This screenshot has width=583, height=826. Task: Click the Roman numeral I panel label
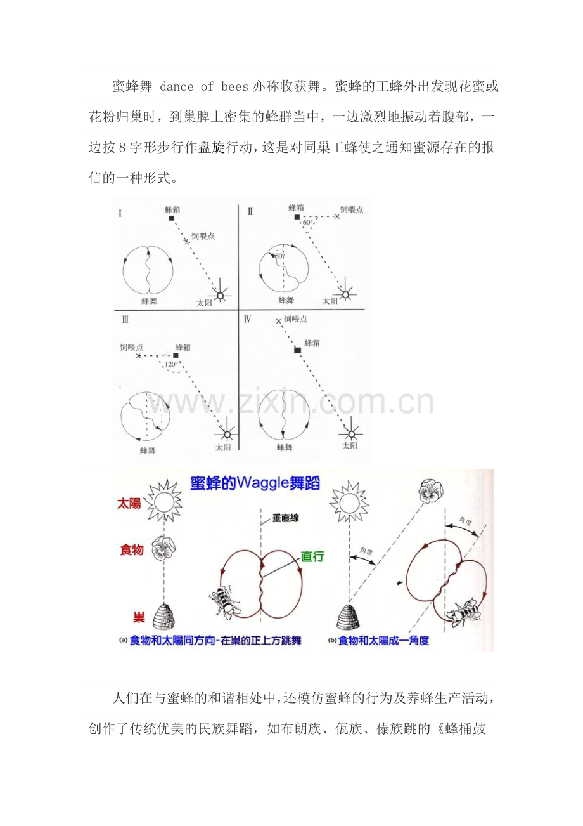[x=120, y=213]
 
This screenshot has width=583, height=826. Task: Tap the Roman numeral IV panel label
[x=248, y=319]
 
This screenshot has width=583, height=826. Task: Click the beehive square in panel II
[x=297, y=217]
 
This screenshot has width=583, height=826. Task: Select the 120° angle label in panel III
[x=170, y=365]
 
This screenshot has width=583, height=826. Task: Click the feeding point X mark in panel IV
[x=278, y=322]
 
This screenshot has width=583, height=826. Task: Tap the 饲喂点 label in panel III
[x=132, y=348]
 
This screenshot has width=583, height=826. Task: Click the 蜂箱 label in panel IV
[x=312, y=343]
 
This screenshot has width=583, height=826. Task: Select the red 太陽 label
[x=129, y=503]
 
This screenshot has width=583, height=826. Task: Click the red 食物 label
[x=132, y=549]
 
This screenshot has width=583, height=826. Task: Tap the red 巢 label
[x=138, y=617]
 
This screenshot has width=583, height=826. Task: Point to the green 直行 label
[x=312, y=556]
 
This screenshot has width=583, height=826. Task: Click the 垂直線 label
[x=286, y=518]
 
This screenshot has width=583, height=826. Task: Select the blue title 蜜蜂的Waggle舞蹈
[x=255, y=483]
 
